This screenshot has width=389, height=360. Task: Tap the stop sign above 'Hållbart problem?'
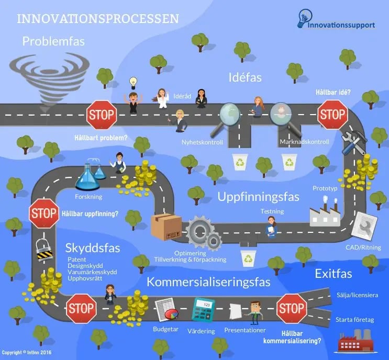click(101, 114)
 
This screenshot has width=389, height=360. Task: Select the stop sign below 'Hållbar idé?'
click(332, 114)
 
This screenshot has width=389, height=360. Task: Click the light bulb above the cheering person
click(133, 82)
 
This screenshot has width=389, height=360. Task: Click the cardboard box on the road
click(166, 227)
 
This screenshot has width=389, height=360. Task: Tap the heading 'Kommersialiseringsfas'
click(208, 283)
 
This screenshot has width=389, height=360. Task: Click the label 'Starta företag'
click(354, 319)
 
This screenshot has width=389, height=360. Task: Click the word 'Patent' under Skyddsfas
click(77, 259)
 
